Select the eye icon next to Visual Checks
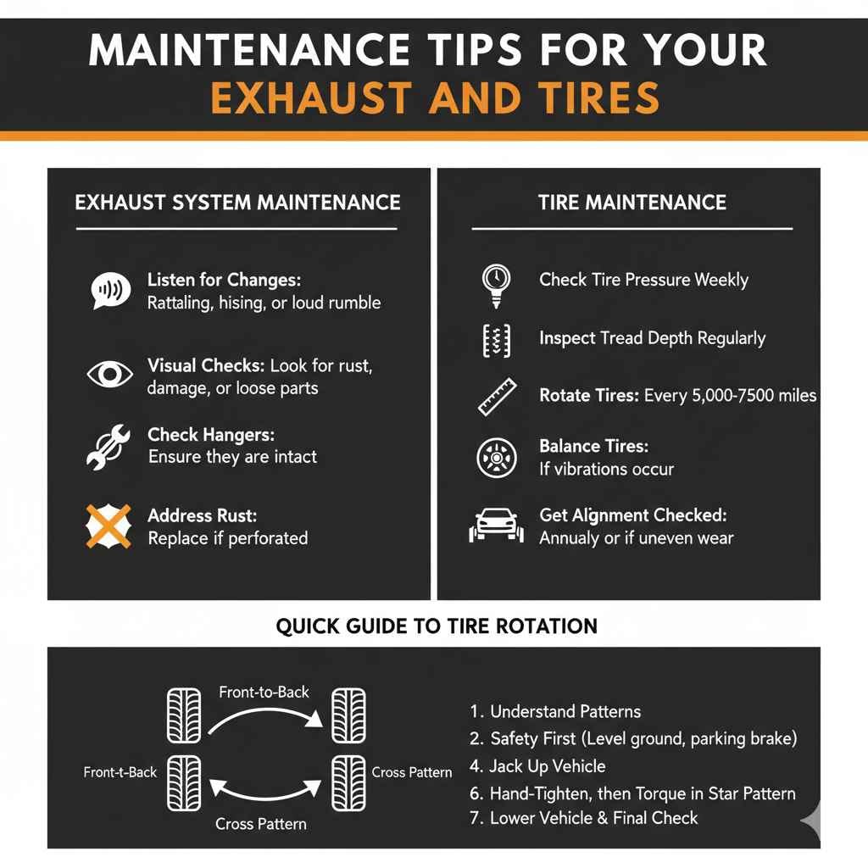(x=109, y=374)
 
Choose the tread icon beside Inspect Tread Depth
(x=495, y=340)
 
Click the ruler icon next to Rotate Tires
(x=497, y=396)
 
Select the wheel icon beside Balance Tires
(x=496, y=457)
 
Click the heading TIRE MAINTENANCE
(x=632, y=203)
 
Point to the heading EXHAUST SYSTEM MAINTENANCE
(x=237, y=203)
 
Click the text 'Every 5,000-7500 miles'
(x=730, y=396)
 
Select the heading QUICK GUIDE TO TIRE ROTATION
(x=437, y=626)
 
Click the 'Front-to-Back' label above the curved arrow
(x=264, y=692)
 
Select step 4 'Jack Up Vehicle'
(x=547, y=766)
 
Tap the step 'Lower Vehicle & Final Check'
(x=593, y=818)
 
